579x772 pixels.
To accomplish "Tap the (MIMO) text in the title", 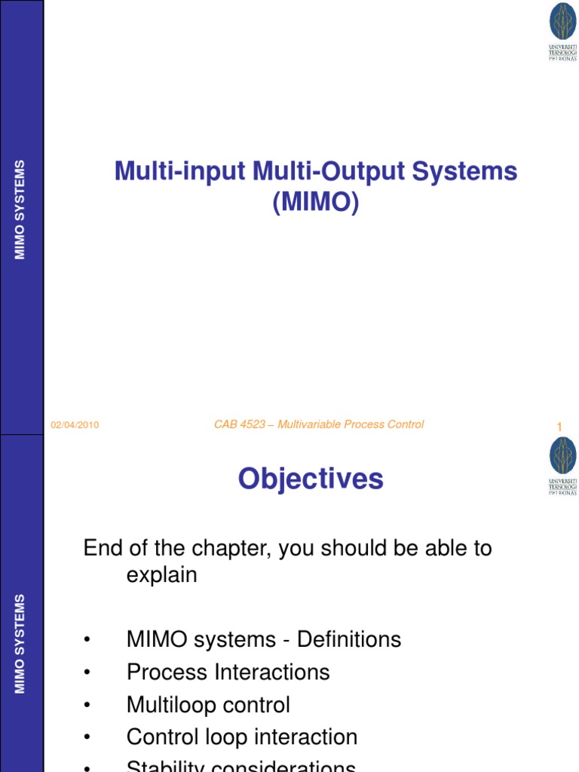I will [315, 202].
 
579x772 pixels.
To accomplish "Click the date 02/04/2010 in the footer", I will [75, 425].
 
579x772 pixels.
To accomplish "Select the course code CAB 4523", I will [240, 424].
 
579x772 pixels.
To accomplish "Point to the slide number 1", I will [559, 427].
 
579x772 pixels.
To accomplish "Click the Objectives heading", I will [311, 479].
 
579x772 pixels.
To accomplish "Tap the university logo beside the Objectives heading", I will [562, 466].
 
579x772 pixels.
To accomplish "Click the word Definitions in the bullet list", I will [349, 640].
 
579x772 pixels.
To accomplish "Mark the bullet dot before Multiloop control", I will [87, 706].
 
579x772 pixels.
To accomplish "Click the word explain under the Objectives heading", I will [161, 575].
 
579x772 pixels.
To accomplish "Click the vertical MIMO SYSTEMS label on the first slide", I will [20, 210].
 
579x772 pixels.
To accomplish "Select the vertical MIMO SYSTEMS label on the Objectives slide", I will [20, 644].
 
